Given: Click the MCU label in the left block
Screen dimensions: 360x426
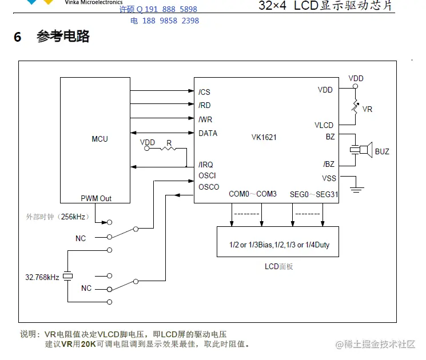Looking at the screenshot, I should click(x=99, y=139).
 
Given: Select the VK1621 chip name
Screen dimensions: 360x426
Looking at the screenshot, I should click(x=264, y=137).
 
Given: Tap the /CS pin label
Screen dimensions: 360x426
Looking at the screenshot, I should click(x=204, y=92).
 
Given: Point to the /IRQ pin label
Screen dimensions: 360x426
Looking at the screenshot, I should click(x=206, y=165).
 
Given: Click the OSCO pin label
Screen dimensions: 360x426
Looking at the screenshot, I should click(x=209, y=187).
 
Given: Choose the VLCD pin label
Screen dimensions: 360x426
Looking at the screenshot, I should click(x=324, y=125).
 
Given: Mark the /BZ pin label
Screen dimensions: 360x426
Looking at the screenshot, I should click(x=329, y=165).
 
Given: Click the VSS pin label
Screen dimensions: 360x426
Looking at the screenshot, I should click(x=329, y=178).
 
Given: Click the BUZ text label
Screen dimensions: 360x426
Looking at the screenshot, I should click(x=382, y=151).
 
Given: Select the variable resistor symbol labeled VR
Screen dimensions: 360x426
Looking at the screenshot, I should click(x=355, y=107).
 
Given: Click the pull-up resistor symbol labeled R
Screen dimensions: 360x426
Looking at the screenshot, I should click(x=168, y=148).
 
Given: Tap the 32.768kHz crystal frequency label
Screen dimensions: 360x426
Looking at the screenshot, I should click(x=42, y=277).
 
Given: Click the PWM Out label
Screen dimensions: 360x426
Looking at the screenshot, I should click(x=96, y=198).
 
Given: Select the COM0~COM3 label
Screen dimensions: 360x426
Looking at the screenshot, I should click(x=252, y=194).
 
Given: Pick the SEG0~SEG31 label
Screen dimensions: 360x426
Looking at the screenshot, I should click(x=314, y=194).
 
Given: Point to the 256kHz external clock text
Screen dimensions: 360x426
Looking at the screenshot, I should click(x=57, y=217).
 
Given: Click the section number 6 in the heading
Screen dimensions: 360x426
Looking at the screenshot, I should click(x=18, y=37).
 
